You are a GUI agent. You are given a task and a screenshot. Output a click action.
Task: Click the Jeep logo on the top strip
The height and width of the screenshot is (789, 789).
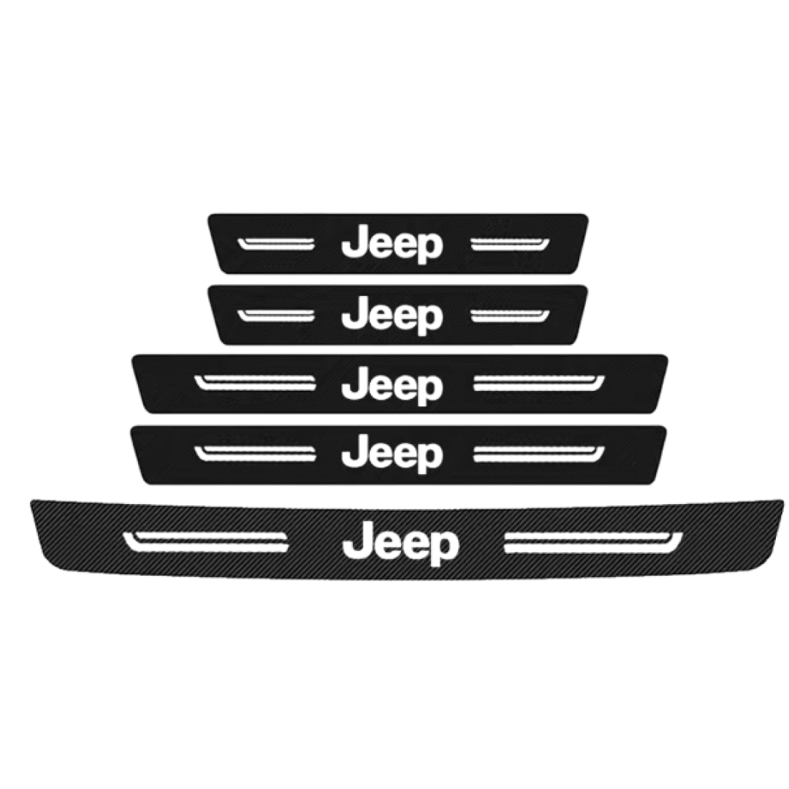pyautogui.click(x=392, y=247)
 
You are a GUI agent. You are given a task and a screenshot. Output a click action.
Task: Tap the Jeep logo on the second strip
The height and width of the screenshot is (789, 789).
pyautogui.click(x=392, y=318)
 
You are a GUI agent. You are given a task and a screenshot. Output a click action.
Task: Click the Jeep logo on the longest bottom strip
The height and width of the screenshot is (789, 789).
pyautogui.click(x=400, y=544)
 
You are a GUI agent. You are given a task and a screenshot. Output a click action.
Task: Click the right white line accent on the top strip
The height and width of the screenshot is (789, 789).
pyautogui.click(x=510, y=244)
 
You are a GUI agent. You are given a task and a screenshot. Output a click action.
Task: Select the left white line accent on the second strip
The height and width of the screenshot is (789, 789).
pyautogui.click(x=275, y=316)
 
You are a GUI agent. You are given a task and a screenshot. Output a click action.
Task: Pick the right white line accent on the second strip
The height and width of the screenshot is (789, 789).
pyautogui.click(x=510, y=316)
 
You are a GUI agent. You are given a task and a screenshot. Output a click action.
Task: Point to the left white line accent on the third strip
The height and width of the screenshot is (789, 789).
pyautogui.click(x=255, y=383)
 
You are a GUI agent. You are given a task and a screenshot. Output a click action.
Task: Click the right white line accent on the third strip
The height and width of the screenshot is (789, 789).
pyautogui.click(x=539, y=383)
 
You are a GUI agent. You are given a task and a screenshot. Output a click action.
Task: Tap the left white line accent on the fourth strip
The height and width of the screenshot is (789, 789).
pyautogui.click(x=255, y=454)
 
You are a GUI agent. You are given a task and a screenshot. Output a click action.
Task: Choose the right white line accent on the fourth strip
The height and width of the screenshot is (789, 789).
pyautogui.click(x=539, y=454)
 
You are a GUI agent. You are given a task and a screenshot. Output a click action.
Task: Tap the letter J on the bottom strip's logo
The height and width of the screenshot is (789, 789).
pyautogui.click(x=355, y=543)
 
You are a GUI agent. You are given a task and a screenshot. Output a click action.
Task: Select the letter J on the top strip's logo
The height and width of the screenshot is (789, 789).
pyautogui.click(x=353, y=245)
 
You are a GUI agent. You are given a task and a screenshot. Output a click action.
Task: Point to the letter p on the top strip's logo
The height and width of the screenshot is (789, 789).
pyautogui.click(x=430, y=251)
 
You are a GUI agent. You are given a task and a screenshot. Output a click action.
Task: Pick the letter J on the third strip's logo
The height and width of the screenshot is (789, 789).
pyautogui.click(x=353, y=385)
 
